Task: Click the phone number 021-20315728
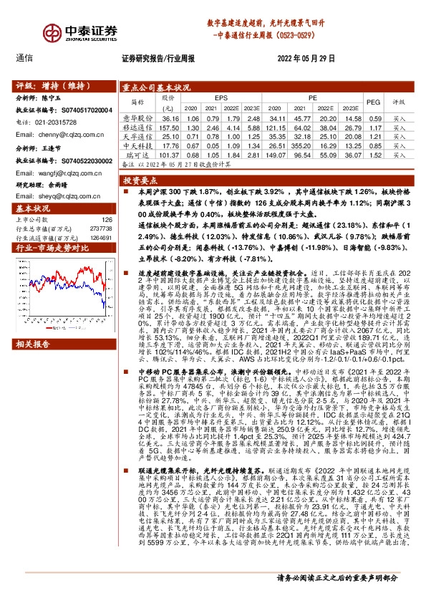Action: click(53, 122)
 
